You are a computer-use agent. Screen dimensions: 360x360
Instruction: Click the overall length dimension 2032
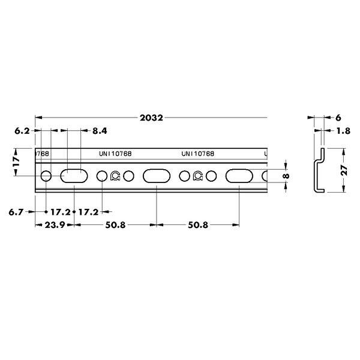coord(151,118)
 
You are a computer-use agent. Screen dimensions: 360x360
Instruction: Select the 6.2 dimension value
coord(22,131)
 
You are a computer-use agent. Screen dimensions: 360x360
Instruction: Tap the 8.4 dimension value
coord(100,131)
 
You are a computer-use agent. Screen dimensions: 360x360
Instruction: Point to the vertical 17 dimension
coord(16,161)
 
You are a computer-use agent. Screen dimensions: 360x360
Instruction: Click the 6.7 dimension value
coord(16,212)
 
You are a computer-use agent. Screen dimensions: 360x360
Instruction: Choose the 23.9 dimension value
coord(55,225)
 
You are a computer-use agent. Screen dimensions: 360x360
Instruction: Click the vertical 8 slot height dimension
coord(286,176)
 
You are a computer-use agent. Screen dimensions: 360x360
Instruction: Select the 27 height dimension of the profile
coord(344,170)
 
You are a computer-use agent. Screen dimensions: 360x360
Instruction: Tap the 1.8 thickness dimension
coord(343,131)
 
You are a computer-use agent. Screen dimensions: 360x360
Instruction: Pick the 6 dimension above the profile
coord(338,118)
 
